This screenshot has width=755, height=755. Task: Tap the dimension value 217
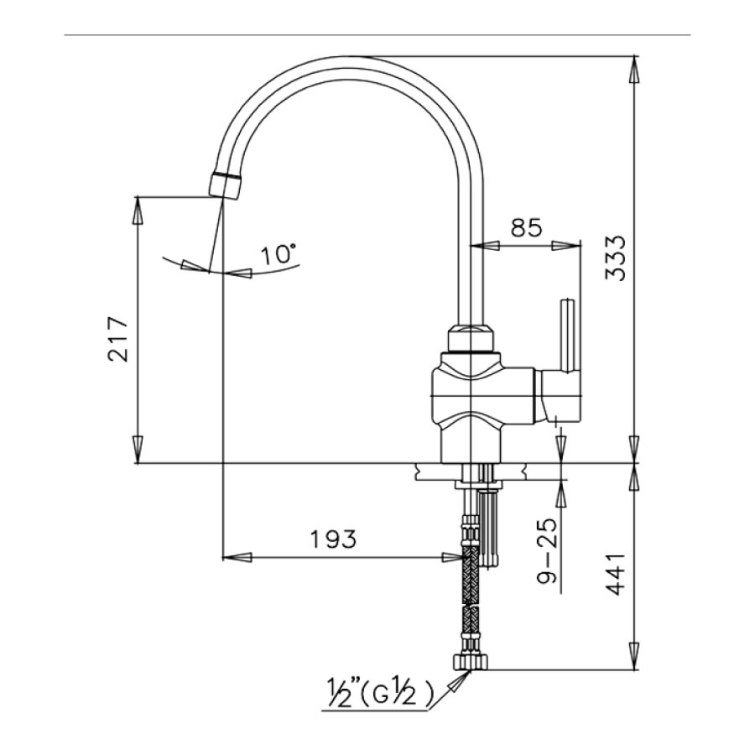117,339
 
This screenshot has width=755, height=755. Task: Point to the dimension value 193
332,539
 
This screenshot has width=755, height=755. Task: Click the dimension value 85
525,226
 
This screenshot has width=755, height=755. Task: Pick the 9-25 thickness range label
547,555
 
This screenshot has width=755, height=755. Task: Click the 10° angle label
279,254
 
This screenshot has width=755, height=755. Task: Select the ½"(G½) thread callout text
381,693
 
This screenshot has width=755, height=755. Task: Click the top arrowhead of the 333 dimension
633,68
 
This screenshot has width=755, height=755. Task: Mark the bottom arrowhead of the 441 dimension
633,659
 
